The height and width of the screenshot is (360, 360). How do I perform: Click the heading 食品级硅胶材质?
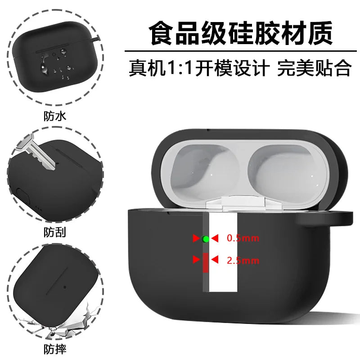tap(241, 33)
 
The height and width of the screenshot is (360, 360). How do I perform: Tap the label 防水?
tap(55, 116)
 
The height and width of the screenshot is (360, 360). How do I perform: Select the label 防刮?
tap(55, 232)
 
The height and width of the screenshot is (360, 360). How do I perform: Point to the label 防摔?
tap(55, 349)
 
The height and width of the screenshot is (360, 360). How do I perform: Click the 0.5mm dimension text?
tap(243, 238)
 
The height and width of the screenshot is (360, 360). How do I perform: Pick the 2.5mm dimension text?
tap(243, 261)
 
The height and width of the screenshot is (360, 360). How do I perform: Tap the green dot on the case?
tap(206, 239)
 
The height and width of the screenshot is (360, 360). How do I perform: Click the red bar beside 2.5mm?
tap(206, 263)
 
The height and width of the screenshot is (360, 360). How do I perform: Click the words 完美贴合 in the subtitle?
tap(314, 68)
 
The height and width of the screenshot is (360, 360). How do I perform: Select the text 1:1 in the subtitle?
tap(179, 68)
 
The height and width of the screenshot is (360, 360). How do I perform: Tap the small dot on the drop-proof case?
tap(65, 287)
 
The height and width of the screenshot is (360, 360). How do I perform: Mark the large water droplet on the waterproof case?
tap(44, 65)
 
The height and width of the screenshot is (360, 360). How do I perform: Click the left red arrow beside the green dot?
tap(196, 238)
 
